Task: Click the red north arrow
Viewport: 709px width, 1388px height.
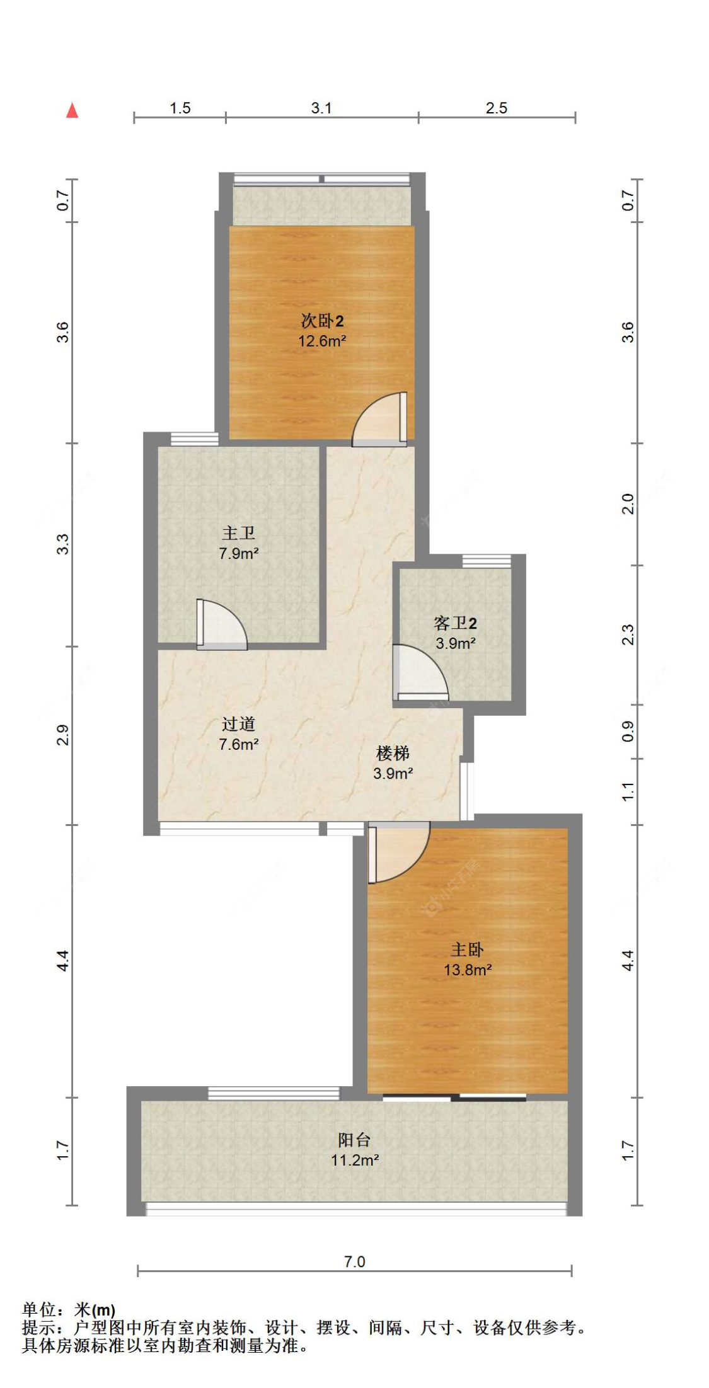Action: (x=72, y=111)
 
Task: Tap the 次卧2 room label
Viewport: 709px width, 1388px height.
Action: (x=322, y=321)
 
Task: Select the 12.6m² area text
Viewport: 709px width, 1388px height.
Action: (x=322, y=341)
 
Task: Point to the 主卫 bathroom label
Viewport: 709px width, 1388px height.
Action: (x=239, y=534)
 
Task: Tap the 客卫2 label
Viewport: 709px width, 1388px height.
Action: (x=455, y=624)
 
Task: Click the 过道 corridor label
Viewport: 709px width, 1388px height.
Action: (x=239, y=725)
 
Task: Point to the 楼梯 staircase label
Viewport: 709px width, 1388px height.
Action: (x=393, y=754)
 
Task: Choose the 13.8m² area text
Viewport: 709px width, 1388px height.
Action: (x=468, y=970)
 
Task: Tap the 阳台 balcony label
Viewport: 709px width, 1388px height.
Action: (x=354, y=1140)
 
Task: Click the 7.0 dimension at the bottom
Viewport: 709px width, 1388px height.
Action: (x=354, y=1261)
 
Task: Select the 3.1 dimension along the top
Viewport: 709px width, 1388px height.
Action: (x=321, y=108)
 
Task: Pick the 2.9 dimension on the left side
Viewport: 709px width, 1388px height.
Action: (x=63, y=735)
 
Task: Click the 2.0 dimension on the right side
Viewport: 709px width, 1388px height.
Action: (x=628, y=504)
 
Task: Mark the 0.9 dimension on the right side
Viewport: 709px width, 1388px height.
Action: (x=628, y=731)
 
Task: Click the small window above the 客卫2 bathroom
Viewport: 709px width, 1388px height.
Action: (x=487, y=560)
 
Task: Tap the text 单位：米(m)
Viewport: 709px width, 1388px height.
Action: (x=69, y=1311)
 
